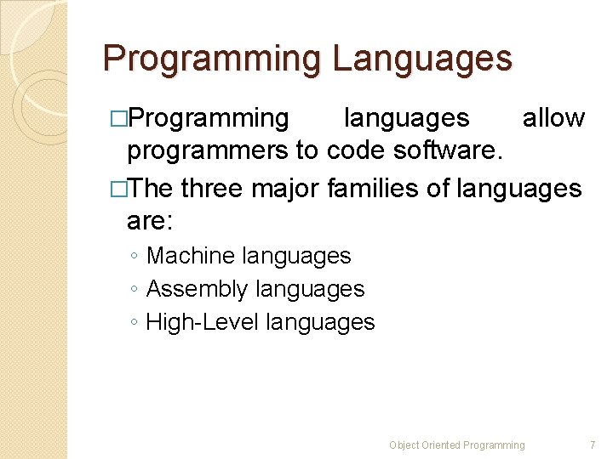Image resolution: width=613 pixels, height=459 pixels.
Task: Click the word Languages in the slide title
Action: [x=422, y=59]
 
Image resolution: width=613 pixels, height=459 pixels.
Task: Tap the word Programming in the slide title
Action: [x=212, y=59]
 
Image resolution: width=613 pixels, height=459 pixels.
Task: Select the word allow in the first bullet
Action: [x=553, y=118]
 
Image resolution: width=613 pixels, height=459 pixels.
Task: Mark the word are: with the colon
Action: [x=149, y=222]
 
